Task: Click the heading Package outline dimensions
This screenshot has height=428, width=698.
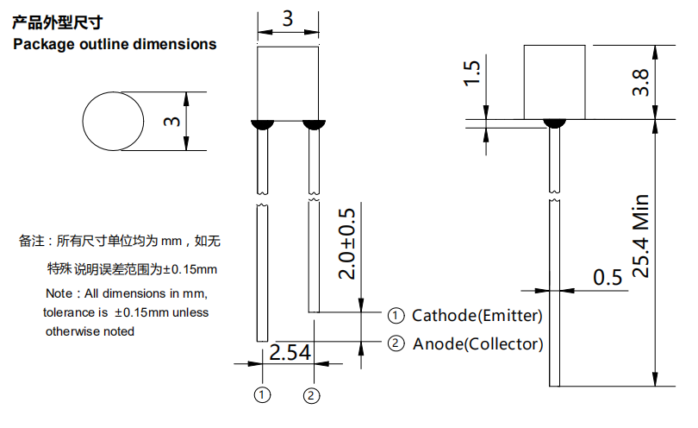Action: coord(115,43)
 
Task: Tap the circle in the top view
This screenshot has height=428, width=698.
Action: coord(112,122)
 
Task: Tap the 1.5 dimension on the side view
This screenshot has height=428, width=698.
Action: coord(471,73)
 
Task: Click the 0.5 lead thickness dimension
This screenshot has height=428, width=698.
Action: coord(608,278)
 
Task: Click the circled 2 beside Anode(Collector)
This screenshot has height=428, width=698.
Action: coord(396,343)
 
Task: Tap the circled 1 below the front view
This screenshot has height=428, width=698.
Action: coord(263,395)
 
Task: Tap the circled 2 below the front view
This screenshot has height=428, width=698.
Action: coord(312,395)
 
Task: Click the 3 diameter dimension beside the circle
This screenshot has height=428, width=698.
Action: coord(171,122)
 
